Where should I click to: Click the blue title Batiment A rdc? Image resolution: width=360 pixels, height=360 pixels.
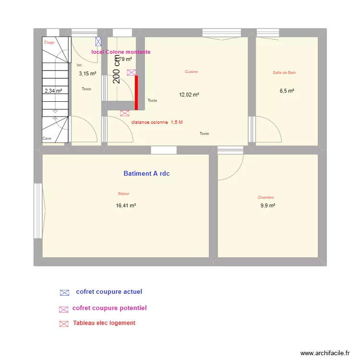(146, 174)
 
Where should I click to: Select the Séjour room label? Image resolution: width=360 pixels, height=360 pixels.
(124, 194)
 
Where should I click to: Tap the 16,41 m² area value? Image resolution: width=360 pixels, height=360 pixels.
(126, 205)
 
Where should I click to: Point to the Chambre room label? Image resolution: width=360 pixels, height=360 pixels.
(265, 197)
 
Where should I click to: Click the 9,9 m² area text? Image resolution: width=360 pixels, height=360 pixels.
(268, 205)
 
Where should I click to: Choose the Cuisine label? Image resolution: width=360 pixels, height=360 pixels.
(192, 72)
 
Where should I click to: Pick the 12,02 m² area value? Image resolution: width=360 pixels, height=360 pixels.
(189, 95)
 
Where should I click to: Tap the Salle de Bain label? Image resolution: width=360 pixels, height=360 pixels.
(284, 73)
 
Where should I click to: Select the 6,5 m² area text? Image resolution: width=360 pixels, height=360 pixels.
(287, 90)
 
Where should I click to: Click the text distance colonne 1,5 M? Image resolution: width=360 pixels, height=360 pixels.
(157, 122)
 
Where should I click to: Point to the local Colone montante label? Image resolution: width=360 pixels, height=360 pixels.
(121, 52)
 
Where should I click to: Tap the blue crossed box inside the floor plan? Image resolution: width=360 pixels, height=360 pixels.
(98, 42)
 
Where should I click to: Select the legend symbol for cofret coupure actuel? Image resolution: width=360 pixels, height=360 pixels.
(64, 292)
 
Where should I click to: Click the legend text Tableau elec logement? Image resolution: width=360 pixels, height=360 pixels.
(104, 323)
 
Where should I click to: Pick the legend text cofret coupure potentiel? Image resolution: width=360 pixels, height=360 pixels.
(109, 308)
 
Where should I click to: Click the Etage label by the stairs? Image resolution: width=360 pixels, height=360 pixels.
(49, 42)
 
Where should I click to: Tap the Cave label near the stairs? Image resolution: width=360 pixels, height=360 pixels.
(47, 138)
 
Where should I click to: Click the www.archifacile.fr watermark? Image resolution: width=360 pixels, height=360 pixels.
(325, 353)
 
